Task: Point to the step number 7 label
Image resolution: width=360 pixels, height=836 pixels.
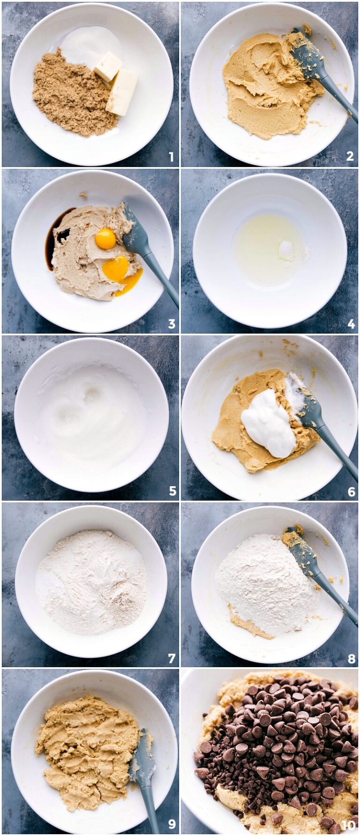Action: pyautogui.click(x=172, y=658)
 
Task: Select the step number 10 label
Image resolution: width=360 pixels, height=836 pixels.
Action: pyautogui.click(x=348, y=826)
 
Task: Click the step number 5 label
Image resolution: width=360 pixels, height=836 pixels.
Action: pyautogui.click(x=172, y=491)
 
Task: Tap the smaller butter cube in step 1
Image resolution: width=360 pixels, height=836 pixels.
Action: pyautogui.click(x=108, y=66)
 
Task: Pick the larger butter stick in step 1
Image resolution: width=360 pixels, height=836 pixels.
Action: pyautogui.click(x=122, y=92)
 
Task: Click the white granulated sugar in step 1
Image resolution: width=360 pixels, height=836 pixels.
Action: pyautogui.click(x=89, y=45)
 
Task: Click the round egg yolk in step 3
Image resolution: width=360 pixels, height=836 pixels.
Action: pyautogui.click(x=105, y=239)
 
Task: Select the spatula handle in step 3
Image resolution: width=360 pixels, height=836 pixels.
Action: pyautogui.click(x=162, y=279)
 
